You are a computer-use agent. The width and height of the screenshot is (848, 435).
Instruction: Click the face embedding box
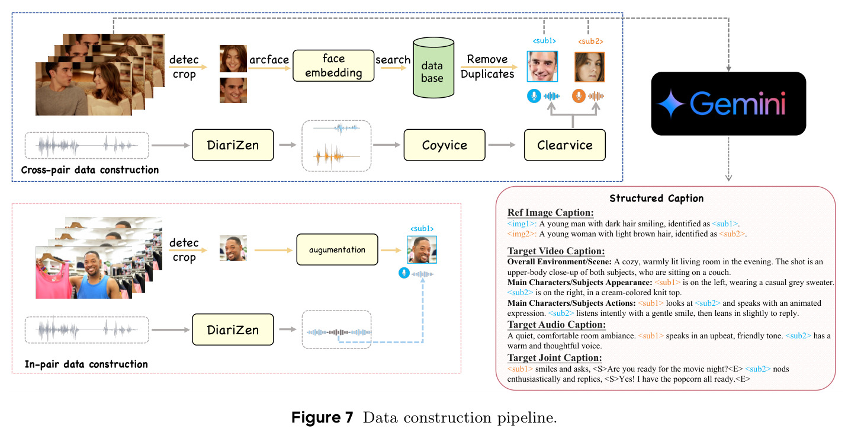pos(333,66)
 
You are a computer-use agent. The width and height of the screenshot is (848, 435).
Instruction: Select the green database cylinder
pos(433,68)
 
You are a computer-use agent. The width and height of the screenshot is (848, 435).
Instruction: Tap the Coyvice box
pos(445,145)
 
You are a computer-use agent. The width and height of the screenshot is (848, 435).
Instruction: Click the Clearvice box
pos(565,145)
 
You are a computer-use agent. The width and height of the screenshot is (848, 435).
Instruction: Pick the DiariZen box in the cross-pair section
pos(233,145)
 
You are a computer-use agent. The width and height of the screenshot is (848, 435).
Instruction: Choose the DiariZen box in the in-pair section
pos(233,330)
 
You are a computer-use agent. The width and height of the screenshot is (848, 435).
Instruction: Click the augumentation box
pos(337,250)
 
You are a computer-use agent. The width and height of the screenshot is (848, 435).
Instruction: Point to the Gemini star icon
pos(670,104)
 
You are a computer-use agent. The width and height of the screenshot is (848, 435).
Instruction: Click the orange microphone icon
pos(579,96)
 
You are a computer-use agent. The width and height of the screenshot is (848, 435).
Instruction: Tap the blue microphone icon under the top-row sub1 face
pos(534,96)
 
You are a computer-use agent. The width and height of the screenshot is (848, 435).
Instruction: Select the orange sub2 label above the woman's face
pos(590,41)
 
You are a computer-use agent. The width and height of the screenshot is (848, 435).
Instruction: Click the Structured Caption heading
pos(657,198)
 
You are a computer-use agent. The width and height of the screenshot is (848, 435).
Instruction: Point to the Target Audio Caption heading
pos(557,325)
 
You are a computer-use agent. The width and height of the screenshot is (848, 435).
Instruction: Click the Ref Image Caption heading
pos(551,213)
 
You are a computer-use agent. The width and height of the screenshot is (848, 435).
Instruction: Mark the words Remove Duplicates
pos(487,66)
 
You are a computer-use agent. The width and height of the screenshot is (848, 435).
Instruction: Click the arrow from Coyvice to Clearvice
pos(502,145)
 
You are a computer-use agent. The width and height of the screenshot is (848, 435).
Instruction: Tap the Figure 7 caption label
pos(322,418)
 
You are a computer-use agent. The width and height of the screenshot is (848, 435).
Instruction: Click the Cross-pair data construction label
pos(90,169)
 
